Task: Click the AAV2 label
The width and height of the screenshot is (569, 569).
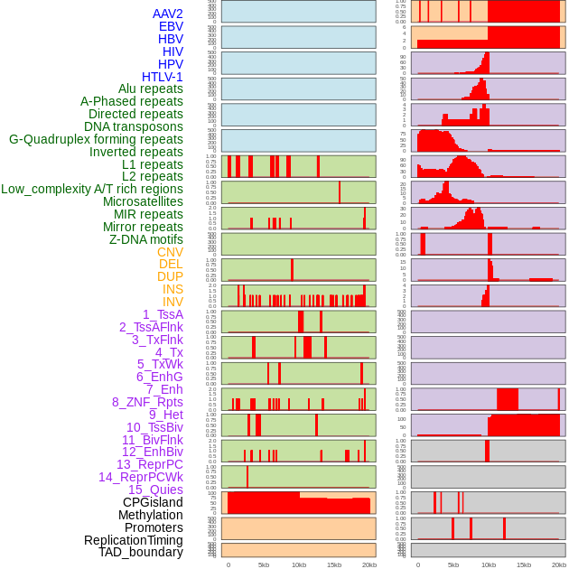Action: coord(167,14)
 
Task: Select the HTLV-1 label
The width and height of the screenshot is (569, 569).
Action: coord(162,77)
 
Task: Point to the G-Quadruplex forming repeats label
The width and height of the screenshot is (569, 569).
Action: coord(96,139)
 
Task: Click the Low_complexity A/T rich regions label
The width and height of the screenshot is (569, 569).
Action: coord(92,189)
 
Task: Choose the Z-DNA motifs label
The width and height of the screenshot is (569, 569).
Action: coord(145,239)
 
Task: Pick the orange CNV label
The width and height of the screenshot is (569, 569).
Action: coord(170,252)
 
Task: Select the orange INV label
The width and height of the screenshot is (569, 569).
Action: coord(173,302)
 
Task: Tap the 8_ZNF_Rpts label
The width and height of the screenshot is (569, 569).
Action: coord(147,402)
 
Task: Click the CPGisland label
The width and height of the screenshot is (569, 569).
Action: coord(153,502)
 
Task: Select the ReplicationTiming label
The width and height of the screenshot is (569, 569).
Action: coord(133,540)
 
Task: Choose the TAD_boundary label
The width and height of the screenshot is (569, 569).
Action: coord(141,552)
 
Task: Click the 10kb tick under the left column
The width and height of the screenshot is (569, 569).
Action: coord(299,564)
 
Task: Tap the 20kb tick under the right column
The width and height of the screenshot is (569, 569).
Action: coord(559,564)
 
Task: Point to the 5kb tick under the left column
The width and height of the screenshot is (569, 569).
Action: coord(264,564)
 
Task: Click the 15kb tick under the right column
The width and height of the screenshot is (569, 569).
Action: coord(524,564)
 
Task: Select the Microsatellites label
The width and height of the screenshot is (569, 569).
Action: coord(143,201)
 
